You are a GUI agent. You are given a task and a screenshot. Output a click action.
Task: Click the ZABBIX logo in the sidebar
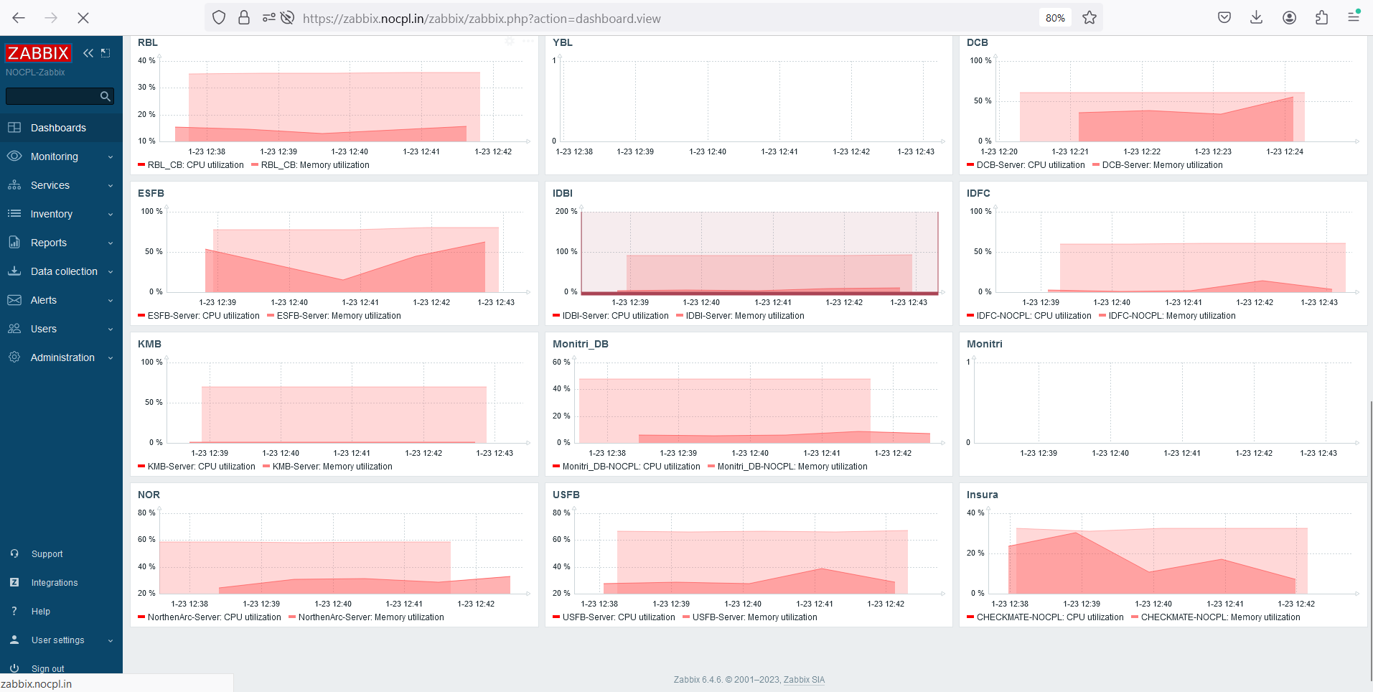pos(38,53)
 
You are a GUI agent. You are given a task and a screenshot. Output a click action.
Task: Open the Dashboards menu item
pos(58,128)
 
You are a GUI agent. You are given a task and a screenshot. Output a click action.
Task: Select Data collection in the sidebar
pos(64,271)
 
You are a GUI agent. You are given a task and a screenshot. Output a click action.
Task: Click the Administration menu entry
pos(62,357)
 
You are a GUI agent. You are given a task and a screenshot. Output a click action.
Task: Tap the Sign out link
pos(47,668)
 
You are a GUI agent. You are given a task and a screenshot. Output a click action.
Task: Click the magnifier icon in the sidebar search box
pos(106,96)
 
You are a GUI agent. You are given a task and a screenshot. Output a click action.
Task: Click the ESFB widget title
pos(151,193)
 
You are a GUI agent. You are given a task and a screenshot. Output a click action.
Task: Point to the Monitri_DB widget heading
pos(580,344)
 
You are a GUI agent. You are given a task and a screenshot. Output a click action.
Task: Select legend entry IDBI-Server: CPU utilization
pos(615,316)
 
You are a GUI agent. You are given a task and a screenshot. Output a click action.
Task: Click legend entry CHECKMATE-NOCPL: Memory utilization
pos(1220,617)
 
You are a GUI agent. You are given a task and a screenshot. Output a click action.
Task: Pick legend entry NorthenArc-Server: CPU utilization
pos(214,617)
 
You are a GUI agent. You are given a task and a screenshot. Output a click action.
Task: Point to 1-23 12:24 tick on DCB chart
pos(1284,151)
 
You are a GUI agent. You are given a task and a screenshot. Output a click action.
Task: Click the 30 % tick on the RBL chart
pos(146,87)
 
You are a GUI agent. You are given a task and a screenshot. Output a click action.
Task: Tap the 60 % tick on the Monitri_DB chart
pos(561,362)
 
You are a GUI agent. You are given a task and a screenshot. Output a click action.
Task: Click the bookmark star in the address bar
pos(1089,18)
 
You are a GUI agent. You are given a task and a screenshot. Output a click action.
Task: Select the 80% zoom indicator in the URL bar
pos(1054,18)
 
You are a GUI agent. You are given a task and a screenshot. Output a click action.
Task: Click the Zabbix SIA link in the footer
pos(804,680)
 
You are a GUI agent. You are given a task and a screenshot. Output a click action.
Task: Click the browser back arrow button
pos(19,18)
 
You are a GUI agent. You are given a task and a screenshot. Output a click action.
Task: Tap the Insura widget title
pos(982,495)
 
